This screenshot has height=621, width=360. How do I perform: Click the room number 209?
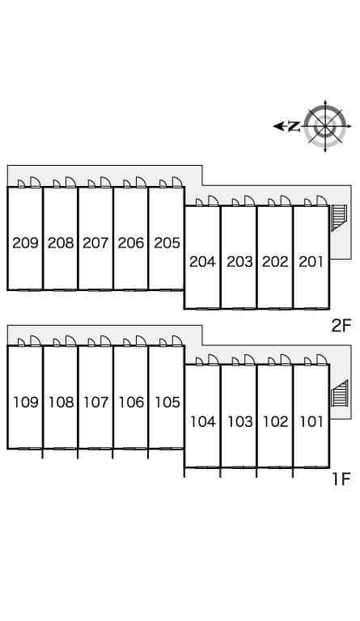[x=25, y=243]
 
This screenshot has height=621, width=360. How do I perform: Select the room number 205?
[x=167, y=243]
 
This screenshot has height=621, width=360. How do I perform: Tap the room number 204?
[x=202, y=261]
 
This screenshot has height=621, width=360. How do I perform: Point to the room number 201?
[x=311, y=261]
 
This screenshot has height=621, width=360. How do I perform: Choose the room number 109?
[x=26, y=403]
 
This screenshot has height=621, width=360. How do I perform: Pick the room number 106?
[x=131, y=403]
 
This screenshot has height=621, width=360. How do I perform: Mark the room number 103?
[x=240, y=422]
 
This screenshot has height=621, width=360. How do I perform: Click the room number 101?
[x=311, y=422]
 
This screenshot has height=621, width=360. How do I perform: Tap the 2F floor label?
[x=341, y=326]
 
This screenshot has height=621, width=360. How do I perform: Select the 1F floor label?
[x=341, y=479]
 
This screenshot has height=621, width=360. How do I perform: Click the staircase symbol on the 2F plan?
[x=339, y=218]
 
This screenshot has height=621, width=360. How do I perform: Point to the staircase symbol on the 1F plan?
[x=340, y=393]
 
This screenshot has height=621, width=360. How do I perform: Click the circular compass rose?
[x=325, y=126]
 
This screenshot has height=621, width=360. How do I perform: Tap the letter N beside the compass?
[x=294, y=126]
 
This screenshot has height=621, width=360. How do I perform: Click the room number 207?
[x=95, y=243]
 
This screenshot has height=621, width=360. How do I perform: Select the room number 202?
[x=275, y=261]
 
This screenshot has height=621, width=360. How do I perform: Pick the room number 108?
[x=61, y=403]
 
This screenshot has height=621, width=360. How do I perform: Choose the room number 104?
[x=203, y=422]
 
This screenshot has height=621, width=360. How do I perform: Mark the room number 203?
[x=239, y=261]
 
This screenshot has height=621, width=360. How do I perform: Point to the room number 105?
[x=167, y=403]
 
